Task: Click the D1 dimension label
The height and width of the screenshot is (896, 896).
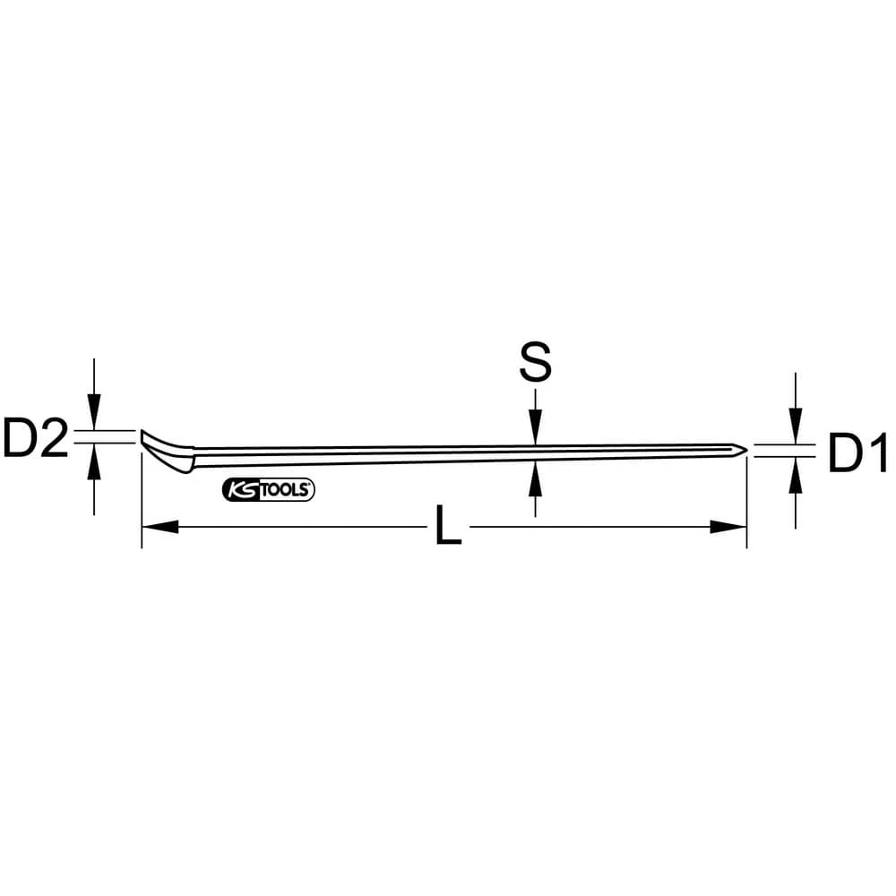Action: click(x=856, y=453)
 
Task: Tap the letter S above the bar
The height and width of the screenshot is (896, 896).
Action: click(x=535, y=363)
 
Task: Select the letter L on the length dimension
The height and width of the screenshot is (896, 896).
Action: click(x=447, y=528)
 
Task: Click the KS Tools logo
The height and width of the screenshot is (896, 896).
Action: click(x=267, y=489)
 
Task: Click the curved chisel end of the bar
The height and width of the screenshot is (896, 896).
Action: click(x=165, y=451)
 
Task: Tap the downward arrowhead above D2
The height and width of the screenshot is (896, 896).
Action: click(x=94, y=415)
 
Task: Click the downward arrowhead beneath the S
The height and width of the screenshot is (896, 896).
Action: click(x=535, y=426)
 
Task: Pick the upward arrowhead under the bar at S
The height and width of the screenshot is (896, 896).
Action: click(x=535, y=478)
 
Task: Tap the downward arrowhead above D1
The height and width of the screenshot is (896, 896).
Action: click(x=795, y=426)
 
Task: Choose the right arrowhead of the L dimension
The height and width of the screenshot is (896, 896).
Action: click(x=729, y=527)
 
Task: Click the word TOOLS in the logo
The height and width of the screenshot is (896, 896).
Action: click(x=284, y=489)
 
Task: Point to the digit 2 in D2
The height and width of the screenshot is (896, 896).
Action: click(x=53, y=439)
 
